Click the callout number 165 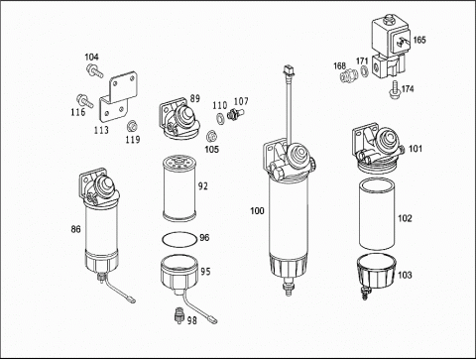(x=419, y=40)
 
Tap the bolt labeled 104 (x=94, y=71)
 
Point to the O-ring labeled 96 (x=179, y=239)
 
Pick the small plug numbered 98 (x=179, y=315)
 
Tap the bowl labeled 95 (x=179, y=275)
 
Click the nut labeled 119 (x=132, y=126)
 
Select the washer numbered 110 (x=219, y=117)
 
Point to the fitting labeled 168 (x=349, y=75)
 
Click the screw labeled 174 (x=395, y=89)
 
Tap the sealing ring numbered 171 (x=364, y=70)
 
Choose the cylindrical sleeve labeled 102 (x=377, y=214)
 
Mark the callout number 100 (x=257, y=210)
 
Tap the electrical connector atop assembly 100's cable (x=288, y=70)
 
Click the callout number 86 (x=75, y=229)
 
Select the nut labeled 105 (x=210, y=136)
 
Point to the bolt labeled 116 (x=84, y=101)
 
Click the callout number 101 (x=416, y=149)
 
